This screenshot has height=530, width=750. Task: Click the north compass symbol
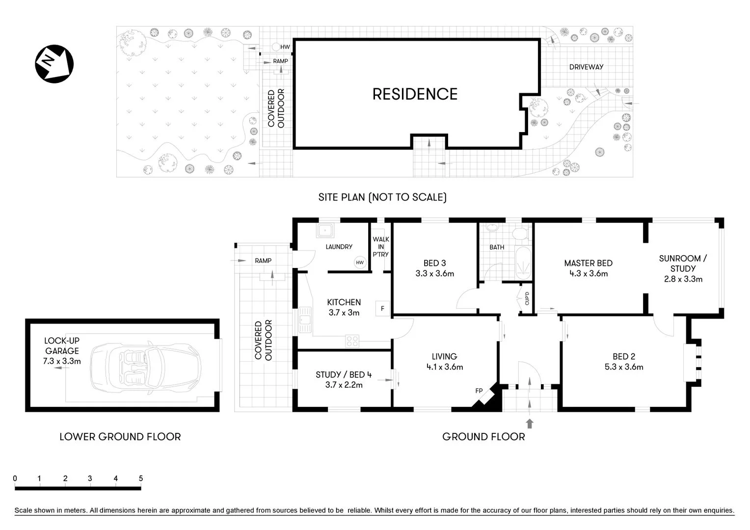coord(54,63)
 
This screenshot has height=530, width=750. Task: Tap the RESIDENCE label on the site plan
coord(415,94)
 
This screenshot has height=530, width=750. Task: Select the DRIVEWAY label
coord(586,67)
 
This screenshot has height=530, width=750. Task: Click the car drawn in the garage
coord(146,366)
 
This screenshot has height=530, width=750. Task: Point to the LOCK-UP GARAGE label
coord(62,345)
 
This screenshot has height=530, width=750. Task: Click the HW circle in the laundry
coord(360,263)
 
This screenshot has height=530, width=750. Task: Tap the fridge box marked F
coord(382,309)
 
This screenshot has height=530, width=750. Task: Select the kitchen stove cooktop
coord(352,341)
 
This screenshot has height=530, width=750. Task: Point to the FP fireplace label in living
coord(479,391)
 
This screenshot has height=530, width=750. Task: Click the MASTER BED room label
coord(588,263)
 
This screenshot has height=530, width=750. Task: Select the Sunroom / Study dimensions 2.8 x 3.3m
coord(683,279)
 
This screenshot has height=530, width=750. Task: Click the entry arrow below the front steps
coord(530,423)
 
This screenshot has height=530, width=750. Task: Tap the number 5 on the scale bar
coord(141,478)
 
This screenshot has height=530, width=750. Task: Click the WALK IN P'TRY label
coord(381,246)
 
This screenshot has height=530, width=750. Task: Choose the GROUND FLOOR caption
coord(483,437)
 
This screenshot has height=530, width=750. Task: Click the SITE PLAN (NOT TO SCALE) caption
coord(382,197)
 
